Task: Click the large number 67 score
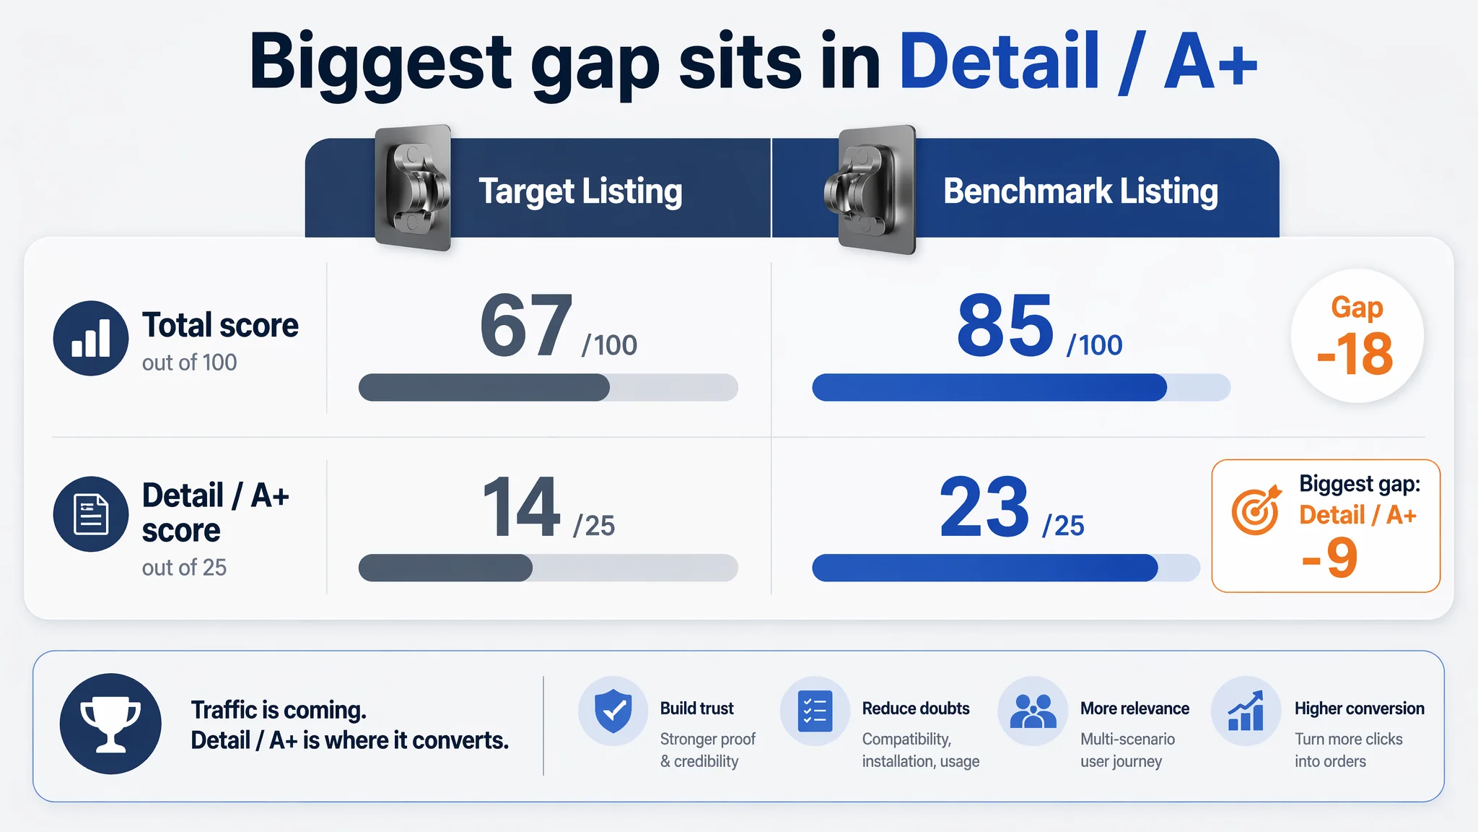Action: (526, 326)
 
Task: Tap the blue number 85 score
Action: (1005, 326)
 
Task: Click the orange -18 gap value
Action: (1355, 354)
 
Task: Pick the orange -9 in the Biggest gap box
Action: (1329, 558)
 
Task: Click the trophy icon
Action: (110, 724)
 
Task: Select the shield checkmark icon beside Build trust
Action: (613, 711)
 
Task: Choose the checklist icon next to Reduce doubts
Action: (815, 711)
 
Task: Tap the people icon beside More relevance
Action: (1033, 711)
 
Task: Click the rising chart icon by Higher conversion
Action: (1246, 711)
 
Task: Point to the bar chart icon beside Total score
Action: (91, 338)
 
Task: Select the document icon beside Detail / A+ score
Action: (91, 514)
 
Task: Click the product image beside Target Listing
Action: (413, 188)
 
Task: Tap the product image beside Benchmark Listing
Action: (872, 190)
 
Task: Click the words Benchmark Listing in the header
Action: (1080, 191)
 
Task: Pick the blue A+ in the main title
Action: (1210, 63)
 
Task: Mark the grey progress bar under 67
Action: (548, 387)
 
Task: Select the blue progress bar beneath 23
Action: (1006, 568)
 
